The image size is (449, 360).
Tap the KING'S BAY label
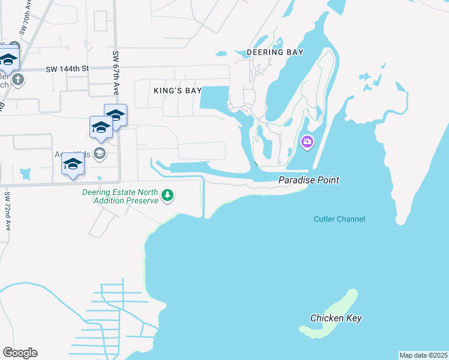coord(178,91)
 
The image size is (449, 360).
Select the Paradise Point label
coord(309,180)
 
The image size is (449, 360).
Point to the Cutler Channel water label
coord(339,219)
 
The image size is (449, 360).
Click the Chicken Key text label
coord(336,318)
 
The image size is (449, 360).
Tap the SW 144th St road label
coord(67,69)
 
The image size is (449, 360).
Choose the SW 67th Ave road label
coord(115,73)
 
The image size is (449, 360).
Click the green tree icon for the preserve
coord(169,195)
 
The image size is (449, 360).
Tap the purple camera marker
coord(307,142)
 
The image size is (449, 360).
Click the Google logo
coord(20,353)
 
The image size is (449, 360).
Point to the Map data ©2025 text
coord(423,355)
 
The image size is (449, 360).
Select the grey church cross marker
coord(18,79)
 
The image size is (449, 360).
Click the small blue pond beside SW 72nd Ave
coord(25,174)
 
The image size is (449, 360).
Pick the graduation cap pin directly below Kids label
coord(73,165)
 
